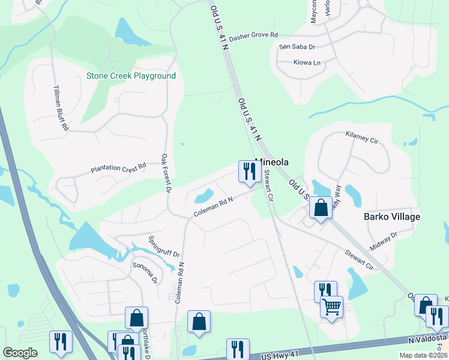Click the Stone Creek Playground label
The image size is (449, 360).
tap(131, 76)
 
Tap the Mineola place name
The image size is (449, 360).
tap(272, 162)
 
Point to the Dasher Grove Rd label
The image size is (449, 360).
tap(253, 35)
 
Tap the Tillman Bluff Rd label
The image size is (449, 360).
tap(61, 108)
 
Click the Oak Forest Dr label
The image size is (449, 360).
tap(166, 173)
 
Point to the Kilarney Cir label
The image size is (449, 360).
tap(362, 139)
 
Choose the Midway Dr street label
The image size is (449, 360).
tap(384, 242)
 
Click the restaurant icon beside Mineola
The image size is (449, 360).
tap(248, 172)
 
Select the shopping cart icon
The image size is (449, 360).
tap(331, 307)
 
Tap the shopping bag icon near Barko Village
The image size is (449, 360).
tap(321, 208)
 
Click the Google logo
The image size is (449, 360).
tap(20, 353)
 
